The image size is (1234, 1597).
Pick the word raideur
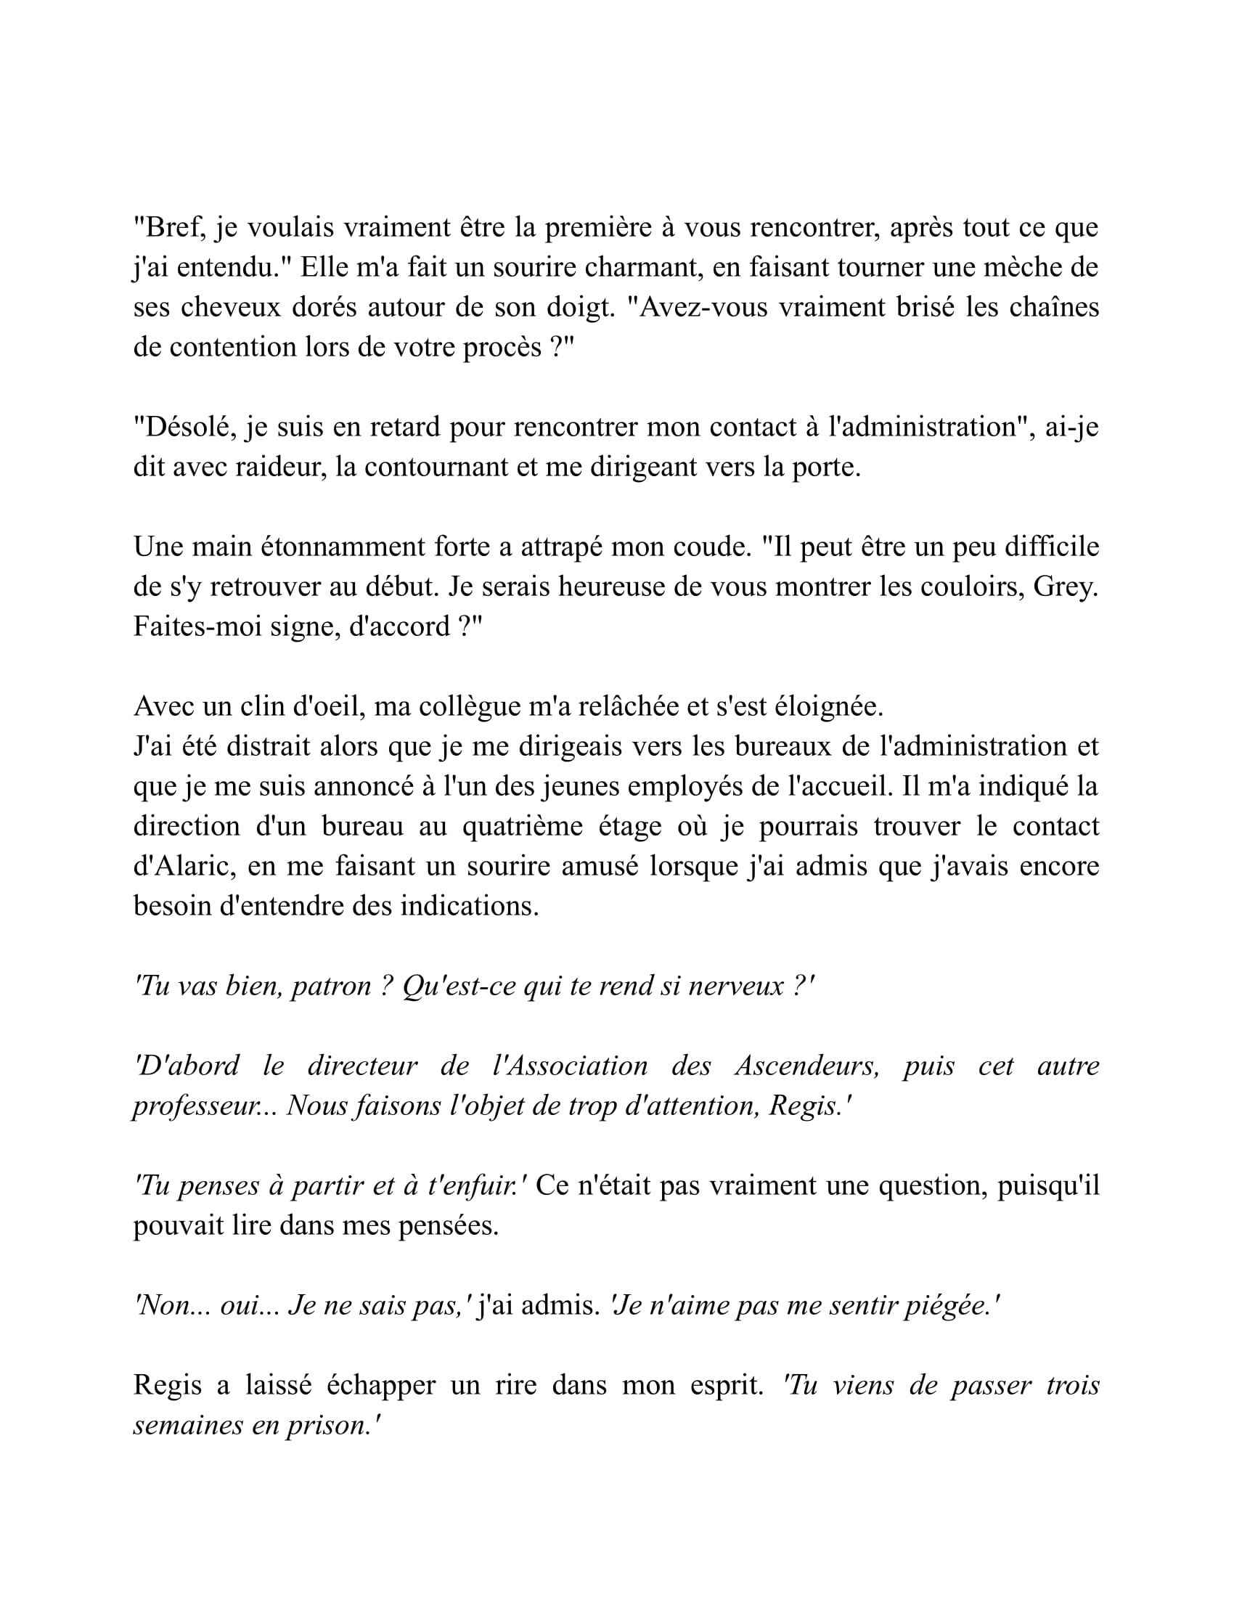(280, 467)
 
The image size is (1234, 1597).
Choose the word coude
(713, 547)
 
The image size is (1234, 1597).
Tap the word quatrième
(522, 826)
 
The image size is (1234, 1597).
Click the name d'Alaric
(185, 867)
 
